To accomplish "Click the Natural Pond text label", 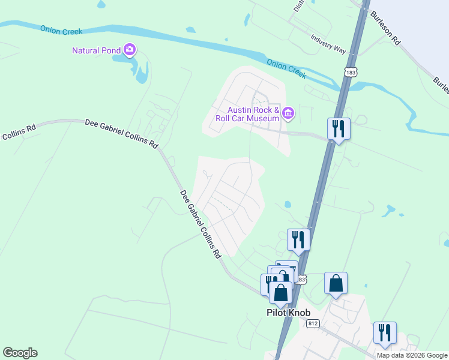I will pos(97,50).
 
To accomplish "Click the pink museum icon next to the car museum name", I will pos(288,112).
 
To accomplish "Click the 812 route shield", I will pos(313,324).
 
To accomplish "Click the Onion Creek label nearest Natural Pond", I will pos(61,31).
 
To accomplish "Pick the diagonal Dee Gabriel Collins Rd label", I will pos(200,225).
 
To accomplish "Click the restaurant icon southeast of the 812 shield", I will pos(385,332).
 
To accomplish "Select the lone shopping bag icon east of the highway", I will pos(336,283).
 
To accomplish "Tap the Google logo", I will pos(20,353).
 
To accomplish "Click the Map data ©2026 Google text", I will pos(412,355).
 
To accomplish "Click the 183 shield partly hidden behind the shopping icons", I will pos(302,280).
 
